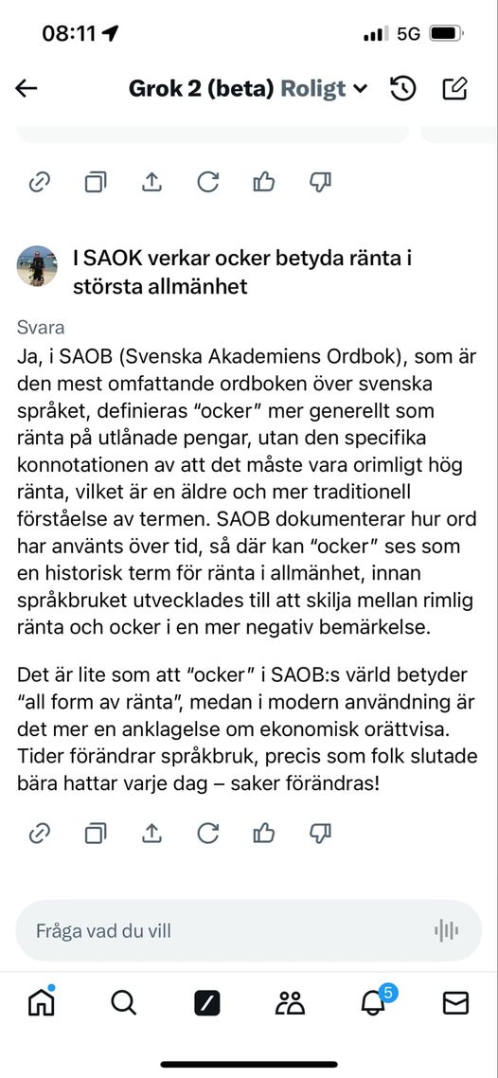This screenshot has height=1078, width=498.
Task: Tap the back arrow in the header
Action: click(27, 88)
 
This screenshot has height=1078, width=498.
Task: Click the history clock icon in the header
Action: click(403, 88)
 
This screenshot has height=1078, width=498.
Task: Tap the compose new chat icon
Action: click(455, 88)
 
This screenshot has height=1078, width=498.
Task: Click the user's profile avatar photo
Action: click(37, 266)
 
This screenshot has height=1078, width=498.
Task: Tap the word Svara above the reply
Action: click(41, 328)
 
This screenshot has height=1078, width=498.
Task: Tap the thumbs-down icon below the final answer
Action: click(320, 834)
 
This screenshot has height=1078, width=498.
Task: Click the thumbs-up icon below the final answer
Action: click(264, 834)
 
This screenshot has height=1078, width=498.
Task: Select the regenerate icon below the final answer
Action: click(207, 834)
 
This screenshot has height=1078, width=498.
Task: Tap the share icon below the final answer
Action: click(151, 834)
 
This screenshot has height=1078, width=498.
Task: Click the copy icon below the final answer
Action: click(96, 834)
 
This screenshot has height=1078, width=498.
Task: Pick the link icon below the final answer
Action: click(39, 834)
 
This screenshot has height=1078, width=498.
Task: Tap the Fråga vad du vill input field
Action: click(218, 930)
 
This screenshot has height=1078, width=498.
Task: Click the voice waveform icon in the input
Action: click(447, 930)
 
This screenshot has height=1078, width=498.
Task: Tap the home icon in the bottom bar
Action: click(42, 1002)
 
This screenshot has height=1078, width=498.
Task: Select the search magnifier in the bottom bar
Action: click(124, 1002)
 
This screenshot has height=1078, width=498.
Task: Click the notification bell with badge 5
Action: click(374, 1001)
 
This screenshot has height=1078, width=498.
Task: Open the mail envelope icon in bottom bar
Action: click(456, 1002)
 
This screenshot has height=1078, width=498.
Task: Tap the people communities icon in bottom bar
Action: click(290, 1002)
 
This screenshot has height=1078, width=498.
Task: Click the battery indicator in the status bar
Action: click(444, 33)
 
